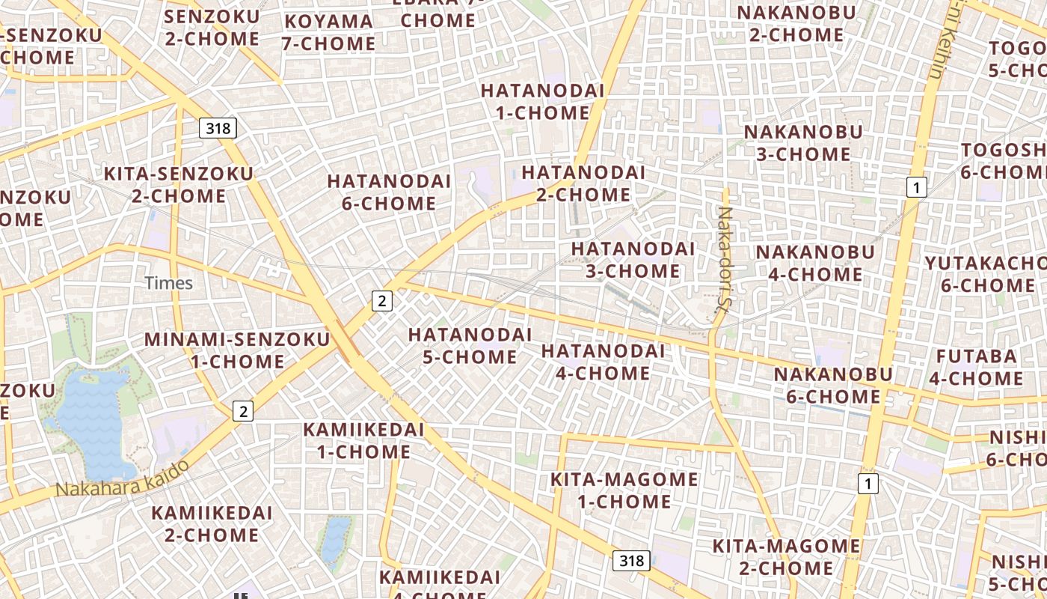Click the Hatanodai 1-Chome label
tap(542, 102)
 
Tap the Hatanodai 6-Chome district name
tap(389, 192)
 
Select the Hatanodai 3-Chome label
tap(633, 259)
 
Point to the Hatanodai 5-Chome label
tap(470, 345)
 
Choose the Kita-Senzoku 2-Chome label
tap(179, 185)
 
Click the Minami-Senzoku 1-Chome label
tap(237, 350)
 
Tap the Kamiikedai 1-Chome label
tap(363, 441)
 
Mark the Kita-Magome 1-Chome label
tap(624, 490)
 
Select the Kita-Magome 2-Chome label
tap(786, 557)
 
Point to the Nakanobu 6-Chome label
tap(833, 385)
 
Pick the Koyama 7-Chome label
tap(329, 33)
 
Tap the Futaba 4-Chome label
tap(976, 367)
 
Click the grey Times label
tap(169, 283)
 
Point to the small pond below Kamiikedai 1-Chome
tap(336, 539)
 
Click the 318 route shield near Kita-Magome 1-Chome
tap(632, 560)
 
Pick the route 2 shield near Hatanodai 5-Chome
tap(382, 301)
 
